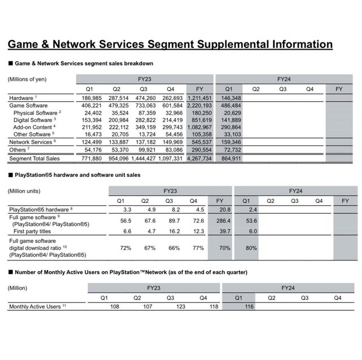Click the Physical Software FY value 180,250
click(x=200, y=113)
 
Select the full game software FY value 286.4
click(x=220, y=221)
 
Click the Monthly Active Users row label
click(x=34, y=306)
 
